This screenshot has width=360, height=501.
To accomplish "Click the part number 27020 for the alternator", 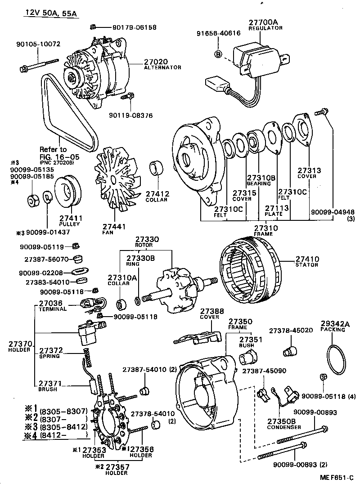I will point(156,61).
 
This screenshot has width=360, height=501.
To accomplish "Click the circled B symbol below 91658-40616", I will point(218,54).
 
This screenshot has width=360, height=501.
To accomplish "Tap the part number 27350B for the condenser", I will point(281,421).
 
